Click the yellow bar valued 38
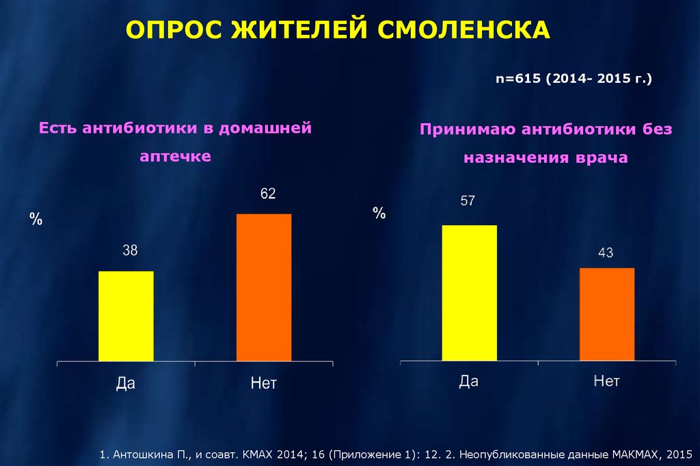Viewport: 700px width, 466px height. pyautogui.click(x=126, y=315)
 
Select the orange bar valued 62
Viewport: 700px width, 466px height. pyautogui.click(x=264, y=287)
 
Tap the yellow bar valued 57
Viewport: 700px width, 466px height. pyautogui.click(x=469, y=292)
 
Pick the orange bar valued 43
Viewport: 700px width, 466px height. pyautogui.click(x=606, y=313)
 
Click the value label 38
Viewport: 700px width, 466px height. pyautogui.click(x=130, y=250)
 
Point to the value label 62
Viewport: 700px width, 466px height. pyautogui.click(x=267, y=194)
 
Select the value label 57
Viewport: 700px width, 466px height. pyautogui.click(x=468, y=201)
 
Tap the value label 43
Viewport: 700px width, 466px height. pyautogui.click(x=606, y=253)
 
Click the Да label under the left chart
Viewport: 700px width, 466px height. pyautogui.click(x=126, y=383)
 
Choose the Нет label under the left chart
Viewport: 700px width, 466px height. pyautogui.click(x=264, y=383)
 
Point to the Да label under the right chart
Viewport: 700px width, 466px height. pyautogui.click(x=468, y=381)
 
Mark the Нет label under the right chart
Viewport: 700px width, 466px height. pyautogui.click(x=606, y=381)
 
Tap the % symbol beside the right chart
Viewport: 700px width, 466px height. pyautogui.click(x=379, y=213)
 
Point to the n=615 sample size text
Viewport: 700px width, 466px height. pyautogui.click(x=520, y=80)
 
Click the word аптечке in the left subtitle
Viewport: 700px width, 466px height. pyautogui.click(x=176, y=156)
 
